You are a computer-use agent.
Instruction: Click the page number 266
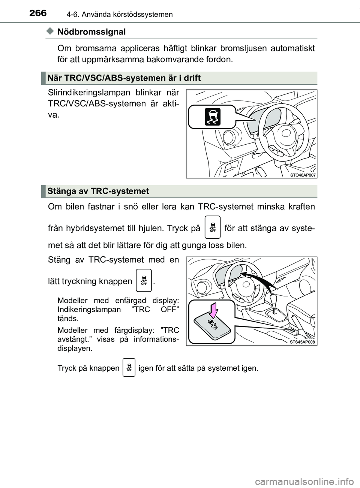pos(38,13)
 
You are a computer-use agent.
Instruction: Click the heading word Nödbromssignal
pos(91,32)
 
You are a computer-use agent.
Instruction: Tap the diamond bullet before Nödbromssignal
pos(50,32)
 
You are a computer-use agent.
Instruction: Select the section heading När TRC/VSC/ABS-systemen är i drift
pos(124,78)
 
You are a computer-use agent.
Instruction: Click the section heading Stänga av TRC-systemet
pos(98,191)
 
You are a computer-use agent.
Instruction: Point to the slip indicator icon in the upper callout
pos(212,117)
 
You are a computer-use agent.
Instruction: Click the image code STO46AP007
pos(303,175)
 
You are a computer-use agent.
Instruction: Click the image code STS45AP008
pos(302,342)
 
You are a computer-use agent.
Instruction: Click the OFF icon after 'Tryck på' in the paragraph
pos(213,228)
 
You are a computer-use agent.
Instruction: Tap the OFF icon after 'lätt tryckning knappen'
pos(144,280)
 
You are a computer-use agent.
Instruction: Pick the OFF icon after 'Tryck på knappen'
pos(129,368)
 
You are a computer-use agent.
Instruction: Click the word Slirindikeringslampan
pos(89,93)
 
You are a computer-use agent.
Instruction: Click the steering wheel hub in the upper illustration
pos(285,133)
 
